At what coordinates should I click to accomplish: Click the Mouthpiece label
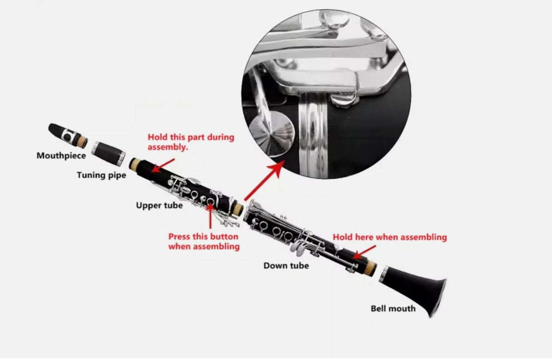pos(61,156)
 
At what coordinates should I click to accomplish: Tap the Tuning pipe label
pos(101,175)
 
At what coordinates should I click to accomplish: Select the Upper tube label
pos(159,205)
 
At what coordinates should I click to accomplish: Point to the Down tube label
pos(286,265)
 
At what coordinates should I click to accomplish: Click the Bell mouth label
pos(393,308)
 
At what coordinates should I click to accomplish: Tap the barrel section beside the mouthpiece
pos(108,153)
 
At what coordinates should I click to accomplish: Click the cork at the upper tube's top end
pos(135,164)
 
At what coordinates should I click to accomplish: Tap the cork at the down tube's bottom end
pos(370,268)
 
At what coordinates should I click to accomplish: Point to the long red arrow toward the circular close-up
pos(264,180)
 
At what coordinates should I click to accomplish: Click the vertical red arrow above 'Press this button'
pos(210,216)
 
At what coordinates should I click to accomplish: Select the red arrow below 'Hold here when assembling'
pos(364,252)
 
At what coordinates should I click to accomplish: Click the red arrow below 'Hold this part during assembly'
pos(163,165)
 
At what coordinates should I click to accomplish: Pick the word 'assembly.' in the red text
pos(168,147)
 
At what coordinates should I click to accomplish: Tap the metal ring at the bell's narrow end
pos(384,274)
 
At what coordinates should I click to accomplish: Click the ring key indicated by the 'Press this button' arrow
pos(210,202)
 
